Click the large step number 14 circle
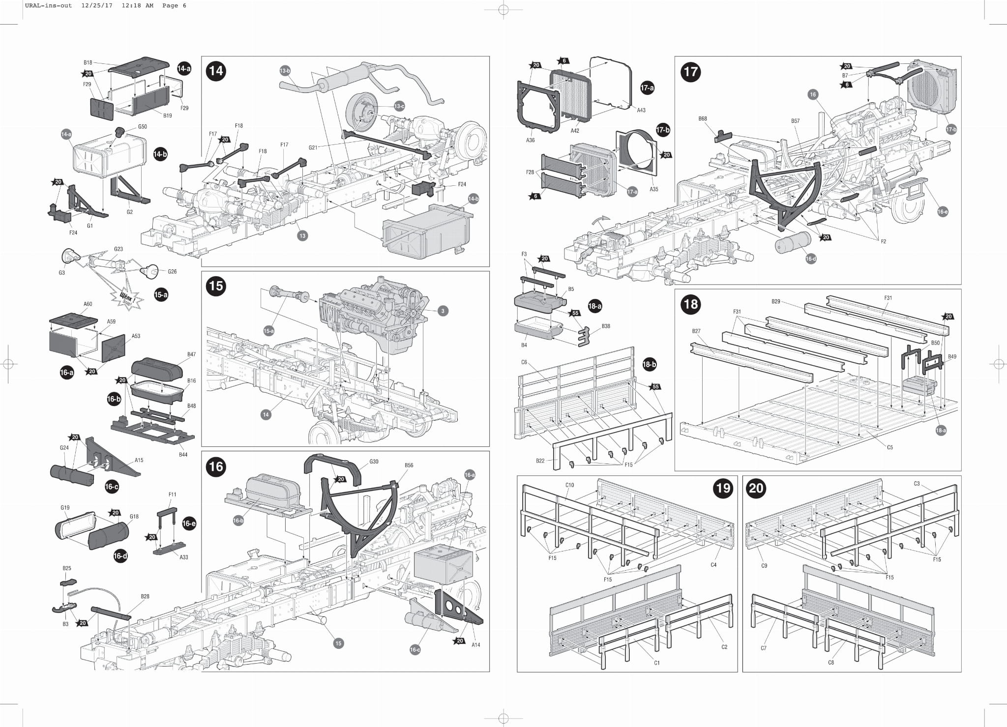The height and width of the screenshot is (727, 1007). click(x=216, y=71)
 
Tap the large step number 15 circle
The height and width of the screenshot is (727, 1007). click(x=216, y=286)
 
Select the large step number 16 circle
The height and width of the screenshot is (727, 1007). click(x=216, y=466)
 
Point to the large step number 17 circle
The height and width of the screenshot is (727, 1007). click(x=690, y=72)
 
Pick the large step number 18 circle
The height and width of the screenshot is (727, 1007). click(x=690, y=304)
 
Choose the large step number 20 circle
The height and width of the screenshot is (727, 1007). click(x=756, y=488)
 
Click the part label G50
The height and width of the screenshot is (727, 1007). click(x=142, y=127)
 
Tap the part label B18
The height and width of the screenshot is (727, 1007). click(x=88, y=62)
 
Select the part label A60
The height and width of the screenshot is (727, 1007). click(x=88, y=304)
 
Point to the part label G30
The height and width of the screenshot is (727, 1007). click(x=374, y=462)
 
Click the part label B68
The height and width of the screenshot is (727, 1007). click(x=703, y=119)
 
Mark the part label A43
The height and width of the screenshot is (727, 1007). click(x=641, y=111)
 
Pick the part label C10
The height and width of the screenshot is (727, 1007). click(x=569, y=485)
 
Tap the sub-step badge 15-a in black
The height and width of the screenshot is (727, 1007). click(x=161, y=295)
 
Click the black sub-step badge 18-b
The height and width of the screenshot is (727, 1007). click(x=649, y=365)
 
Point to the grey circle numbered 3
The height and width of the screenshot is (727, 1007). click(x=443, y=311)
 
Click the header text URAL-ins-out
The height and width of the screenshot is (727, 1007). click(x=48, y=6)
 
